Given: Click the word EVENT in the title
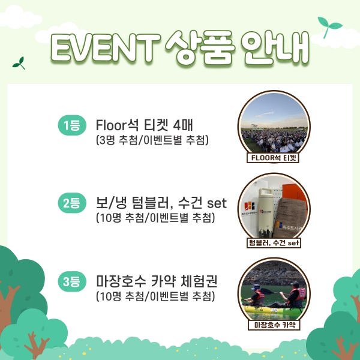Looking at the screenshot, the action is click(x=104, y=47).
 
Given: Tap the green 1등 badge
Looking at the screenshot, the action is click(x=72, y=125).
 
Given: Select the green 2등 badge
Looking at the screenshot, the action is click(x=72, y=203).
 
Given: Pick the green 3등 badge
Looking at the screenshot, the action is click(x=72, y=281).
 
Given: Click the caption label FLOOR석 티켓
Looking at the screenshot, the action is click(x=273, y=158).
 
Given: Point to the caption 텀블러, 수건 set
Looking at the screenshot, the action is click(x=274, y=242).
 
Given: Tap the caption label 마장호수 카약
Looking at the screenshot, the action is click(x=274, y=325).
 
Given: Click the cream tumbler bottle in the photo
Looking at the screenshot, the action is click(x=266, y=212).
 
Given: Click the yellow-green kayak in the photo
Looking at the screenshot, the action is click(x=273, y=310).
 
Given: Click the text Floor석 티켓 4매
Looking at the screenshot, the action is click(x=144, y=125).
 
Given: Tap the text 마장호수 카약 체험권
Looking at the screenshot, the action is click(x=157, y=281).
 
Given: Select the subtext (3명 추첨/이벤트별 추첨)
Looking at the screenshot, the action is click(x=152, y=140).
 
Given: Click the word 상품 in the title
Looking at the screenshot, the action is click(x=200, y=47).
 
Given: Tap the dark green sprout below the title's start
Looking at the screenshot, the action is click(x=19, y=63).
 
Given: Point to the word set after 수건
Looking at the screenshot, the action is click(x=217, y=203).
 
